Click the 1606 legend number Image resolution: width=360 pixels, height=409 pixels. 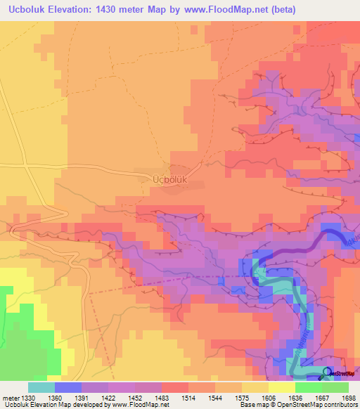262,397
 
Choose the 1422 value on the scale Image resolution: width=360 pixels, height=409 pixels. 110,397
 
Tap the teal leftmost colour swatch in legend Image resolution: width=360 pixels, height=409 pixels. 41,387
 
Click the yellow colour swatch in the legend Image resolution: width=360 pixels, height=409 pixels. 282,387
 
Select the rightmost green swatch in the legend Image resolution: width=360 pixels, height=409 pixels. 335,387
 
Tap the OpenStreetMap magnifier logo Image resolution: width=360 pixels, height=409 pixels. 327,373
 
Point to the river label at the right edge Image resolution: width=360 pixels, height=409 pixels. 354,241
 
